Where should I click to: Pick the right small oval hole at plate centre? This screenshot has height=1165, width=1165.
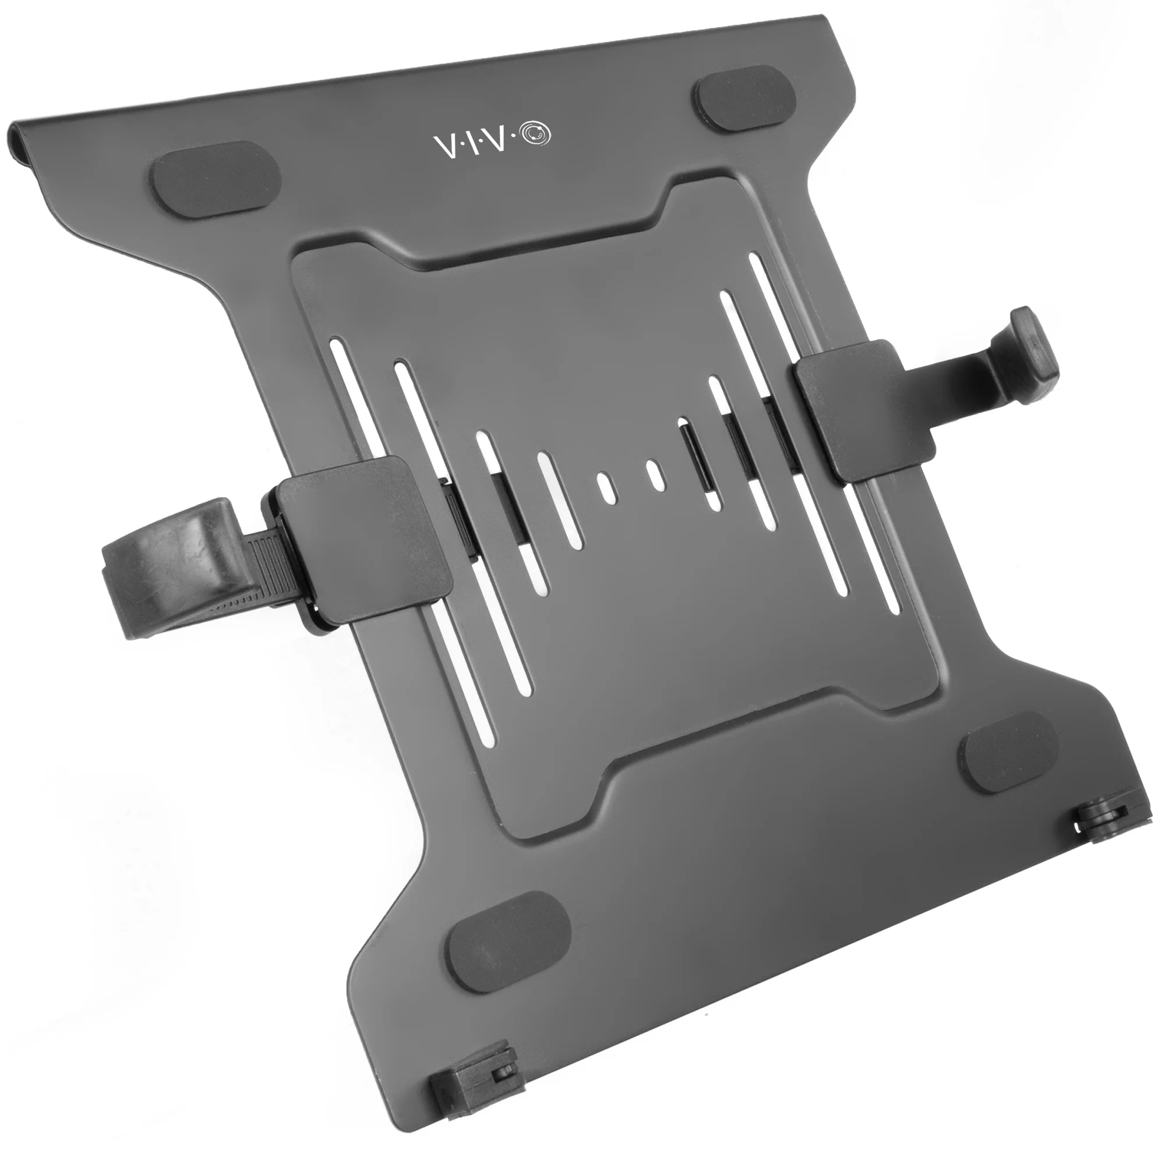click(655, 473)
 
